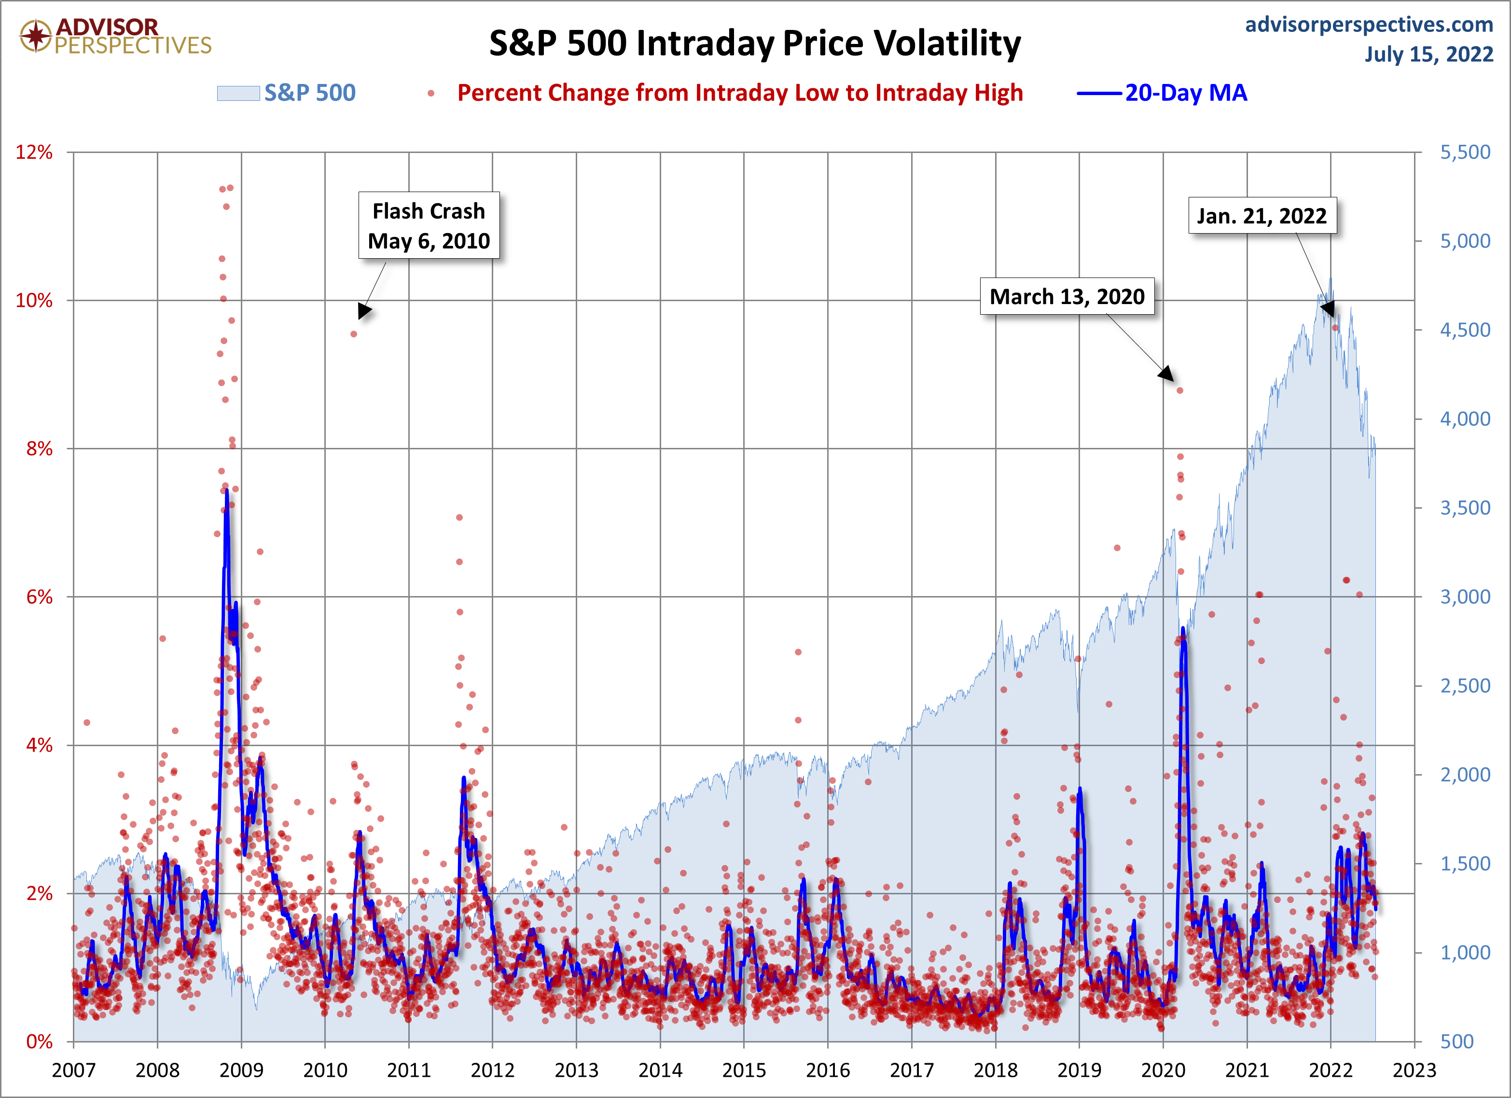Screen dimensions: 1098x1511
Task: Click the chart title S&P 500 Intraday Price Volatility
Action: point(755,44)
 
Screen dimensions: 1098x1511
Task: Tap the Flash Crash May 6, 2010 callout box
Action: point(429,226)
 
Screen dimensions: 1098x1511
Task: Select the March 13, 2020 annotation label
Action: point(1067,296)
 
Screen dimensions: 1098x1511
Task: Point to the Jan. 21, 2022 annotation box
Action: point(1262,216)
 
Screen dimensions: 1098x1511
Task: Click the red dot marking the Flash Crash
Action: point(354,334)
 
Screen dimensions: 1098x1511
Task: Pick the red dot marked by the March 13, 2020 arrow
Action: point(1180,390)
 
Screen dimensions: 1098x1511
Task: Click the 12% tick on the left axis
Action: point(34,153)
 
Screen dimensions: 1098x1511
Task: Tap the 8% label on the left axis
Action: point(39,448)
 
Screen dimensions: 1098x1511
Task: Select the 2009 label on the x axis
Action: point(241,1070)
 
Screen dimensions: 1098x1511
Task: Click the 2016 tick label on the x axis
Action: point(828,1070)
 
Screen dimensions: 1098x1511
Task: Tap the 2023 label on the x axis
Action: point(1414,1070)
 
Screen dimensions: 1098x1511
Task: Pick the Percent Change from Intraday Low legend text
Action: point(739,93)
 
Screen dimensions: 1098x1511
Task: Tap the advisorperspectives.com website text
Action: point(1369,25)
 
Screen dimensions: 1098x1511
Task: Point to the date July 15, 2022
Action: point(1428,55)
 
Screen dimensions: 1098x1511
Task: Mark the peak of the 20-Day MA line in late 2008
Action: point(226,491)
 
